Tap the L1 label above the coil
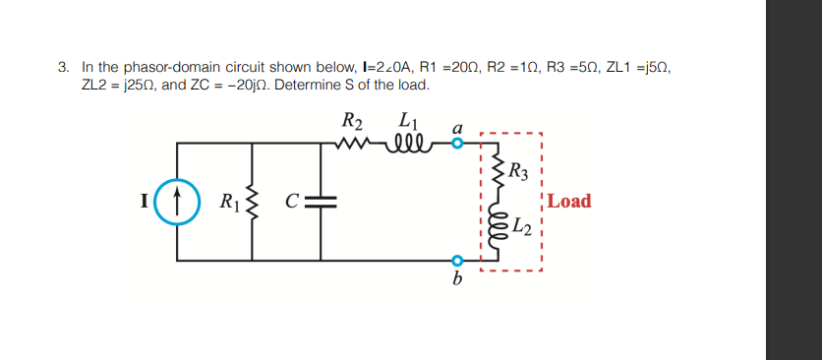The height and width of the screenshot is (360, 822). pos(407,123)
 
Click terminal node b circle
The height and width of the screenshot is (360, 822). pos(456,261)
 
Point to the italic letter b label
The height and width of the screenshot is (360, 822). pos(456,279)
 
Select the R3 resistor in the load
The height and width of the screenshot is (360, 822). pos(497,173)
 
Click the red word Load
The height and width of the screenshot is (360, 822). pos(569,202)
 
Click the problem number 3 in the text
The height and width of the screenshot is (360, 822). pos(61,68)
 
